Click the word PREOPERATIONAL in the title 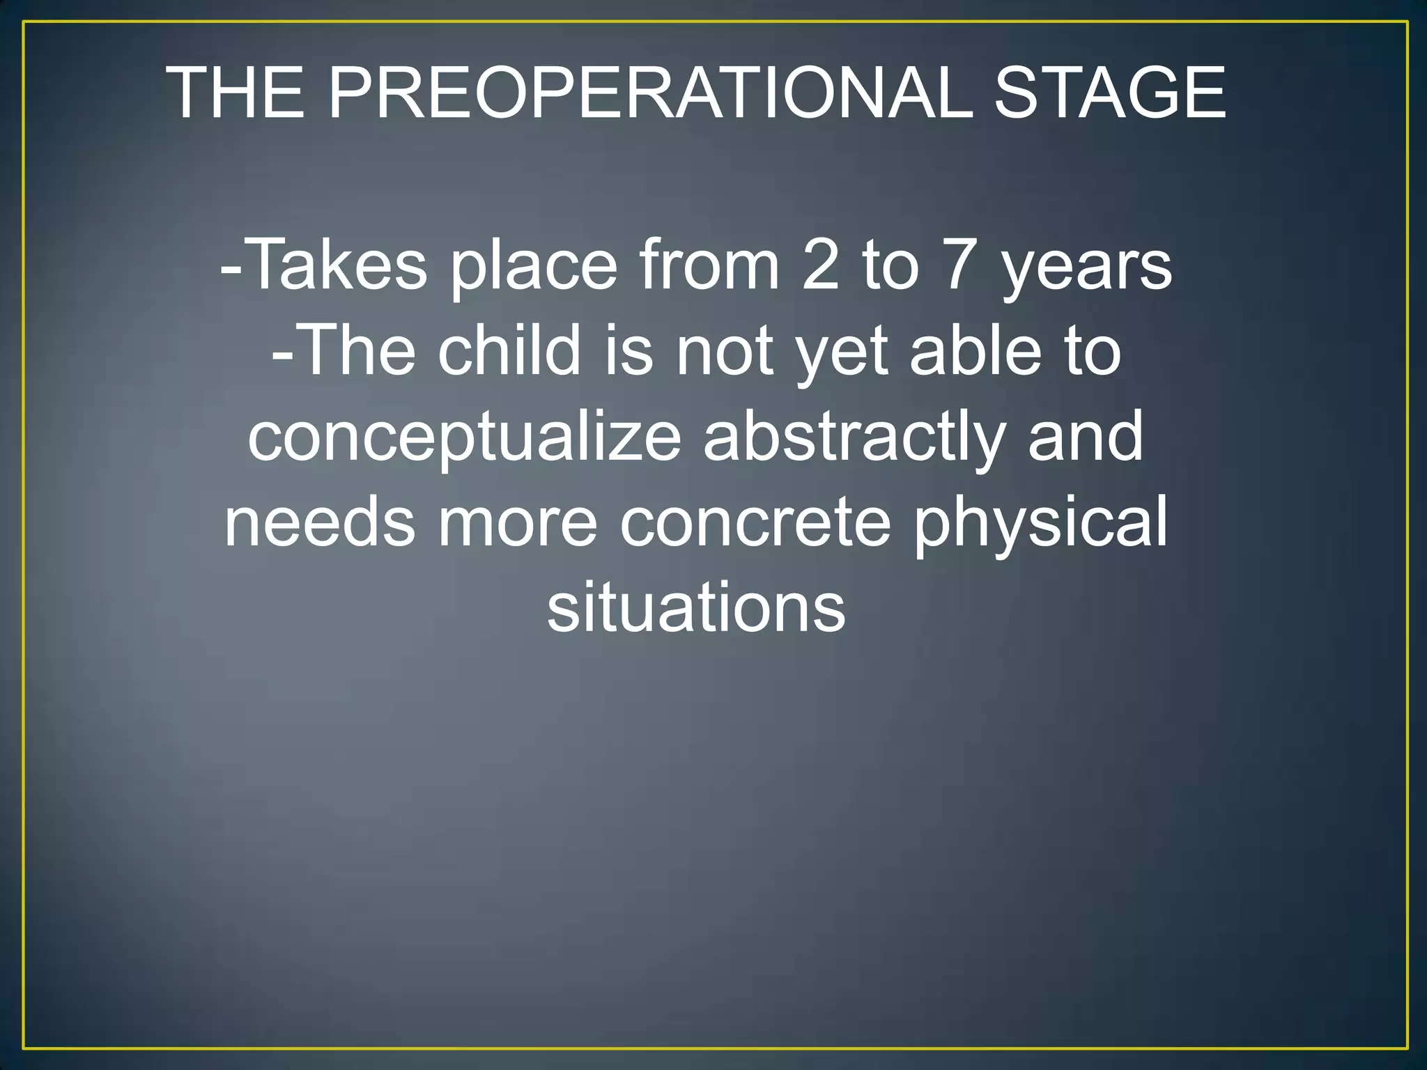tap(649, 93)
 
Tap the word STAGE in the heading tap(1109, 93)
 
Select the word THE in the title tap(236, 93)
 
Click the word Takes tap(336, 265)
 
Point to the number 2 tap(821, 265)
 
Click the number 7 tap(959, 265)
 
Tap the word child tap(510, 350)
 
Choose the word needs tap(320, 522)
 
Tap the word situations tap(696, 607)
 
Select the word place tap(534, 268)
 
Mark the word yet tap(842, 355)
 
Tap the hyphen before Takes tap(230, 268)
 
